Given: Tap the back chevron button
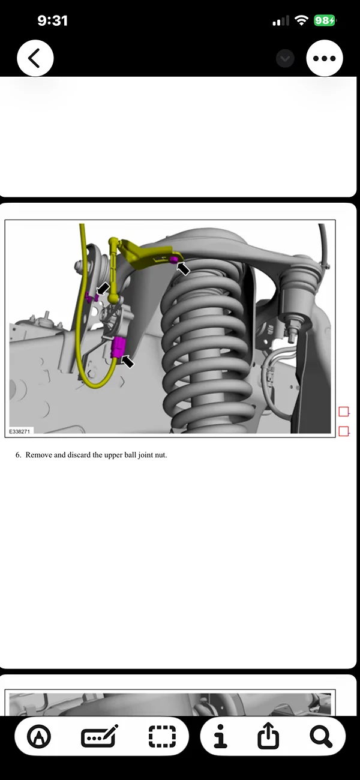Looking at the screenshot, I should pos(35,58).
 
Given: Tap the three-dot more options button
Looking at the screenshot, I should pos(325,58).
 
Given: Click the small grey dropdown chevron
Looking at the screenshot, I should pos(285,58).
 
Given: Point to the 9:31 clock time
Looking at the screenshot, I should pos(52,20).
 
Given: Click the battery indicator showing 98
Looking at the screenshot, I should pos(325,20).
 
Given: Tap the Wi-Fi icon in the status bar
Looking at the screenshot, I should pos(301,20).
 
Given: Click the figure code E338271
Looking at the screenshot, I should pos(20,431).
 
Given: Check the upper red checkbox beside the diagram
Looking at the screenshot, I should pos(343,412).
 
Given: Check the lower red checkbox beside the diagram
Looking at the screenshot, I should pos(343,431).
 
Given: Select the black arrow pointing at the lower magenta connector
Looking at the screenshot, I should pos(127,361).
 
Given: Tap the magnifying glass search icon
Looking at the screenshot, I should pos(321,736).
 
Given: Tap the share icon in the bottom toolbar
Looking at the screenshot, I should pos(268,736).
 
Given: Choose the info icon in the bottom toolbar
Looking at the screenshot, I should pos(221,736).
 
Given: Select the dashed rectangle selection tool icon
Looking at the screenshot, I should pos(162,736).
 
